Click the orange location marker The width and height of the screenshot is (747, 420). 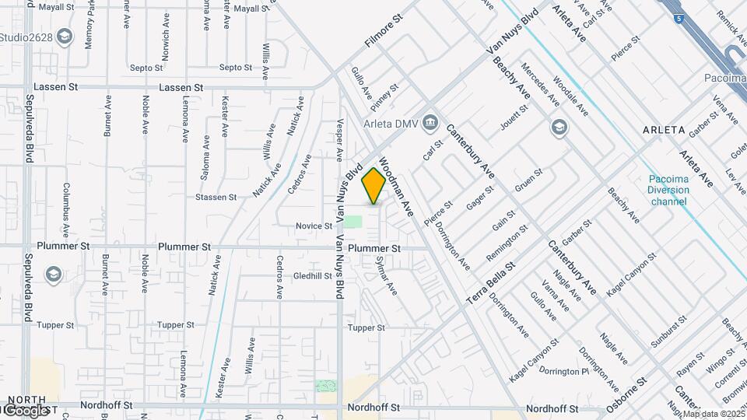click(373, 186)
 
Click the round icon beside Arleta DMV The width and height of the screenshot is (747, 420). click(430, 124)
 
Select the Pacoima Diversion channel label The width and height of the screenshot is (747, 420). click(669, 190)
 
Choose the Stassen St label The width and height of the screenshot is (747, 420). click(216, 198)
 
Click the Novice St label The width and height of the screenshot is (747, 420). click(314, 226)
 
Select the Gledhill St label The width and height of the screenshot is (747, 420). click(313, 276)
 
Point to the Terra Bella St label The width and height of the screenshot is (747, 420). click(491, 283)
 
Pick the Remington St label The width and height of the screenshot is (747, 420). click(507, 243)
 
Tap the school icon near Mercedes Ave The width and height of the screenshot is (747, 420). click(559, 127)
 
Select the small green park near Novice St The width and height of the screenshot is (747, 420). click(353, 222)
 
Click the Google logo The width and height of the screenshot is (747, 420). click(26, 411)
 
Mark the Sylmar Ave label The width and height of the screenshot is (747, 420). click(387, 276)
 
